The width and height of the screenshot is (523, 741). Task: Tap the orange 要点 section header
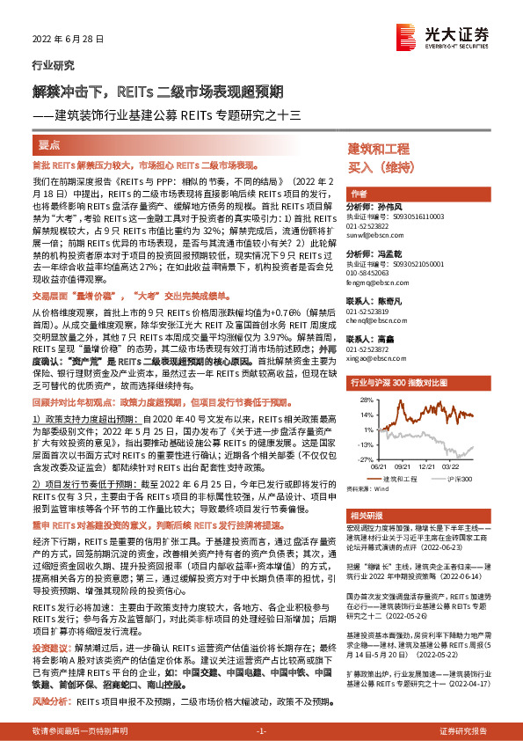tap(48, 146)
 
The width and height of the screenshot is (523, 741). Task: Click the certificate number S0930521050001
tap(409, 264)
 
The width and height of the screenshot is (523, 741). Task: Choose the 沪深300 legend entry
tap(461, 480)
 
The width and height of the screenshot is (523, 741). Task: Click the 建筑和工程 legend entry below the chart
tap(410, 480)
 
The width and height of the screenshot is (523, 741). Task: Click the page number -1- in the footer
tap(261, 731)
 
